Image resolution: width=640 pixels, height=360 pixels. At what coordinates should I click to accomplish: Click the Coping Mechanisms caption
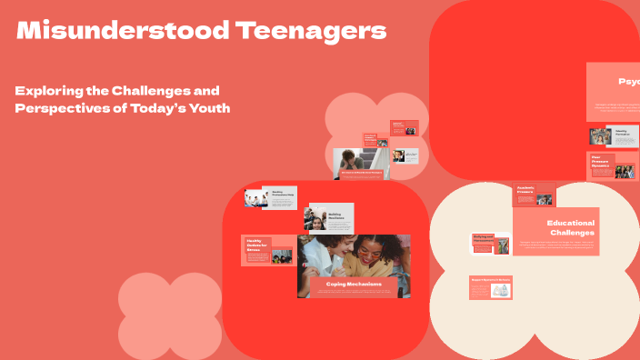[x=354, y=285]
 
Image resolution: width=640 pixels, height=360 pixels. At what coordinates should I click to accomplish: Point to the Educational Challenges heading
[x=570, y=227]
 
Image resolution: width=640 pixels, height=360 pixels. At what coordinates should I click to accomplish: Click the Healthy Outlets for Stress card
[x=267, y=251]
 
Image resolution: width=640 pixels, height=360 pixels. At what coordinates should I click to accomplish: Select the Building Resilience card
[x=330, y=218]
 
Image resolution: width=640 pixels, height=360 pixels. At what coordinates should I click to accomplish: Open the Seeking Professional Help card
[x=271, y=197]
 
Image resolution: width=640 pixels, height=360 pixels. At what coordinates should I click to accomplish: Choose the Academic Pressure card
[x=535, y=194]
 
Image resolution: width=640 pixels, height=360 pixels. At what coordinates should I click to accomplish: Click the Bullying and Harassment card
[x=490, y=243]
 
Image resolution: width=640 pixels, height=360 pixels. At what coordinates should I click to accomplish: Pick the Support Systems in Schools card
[x=491, y=286]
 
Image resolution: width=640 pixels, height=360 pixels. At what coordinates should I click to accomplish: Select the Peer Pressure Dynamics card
[x=612, y=165]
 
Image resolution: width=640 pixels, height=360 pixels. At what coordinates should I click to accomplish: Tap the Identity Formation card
[x=613, y=135]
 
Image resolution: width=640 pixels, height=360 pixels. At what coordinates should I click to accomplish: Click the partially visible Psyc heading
[x=628, y=82]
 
